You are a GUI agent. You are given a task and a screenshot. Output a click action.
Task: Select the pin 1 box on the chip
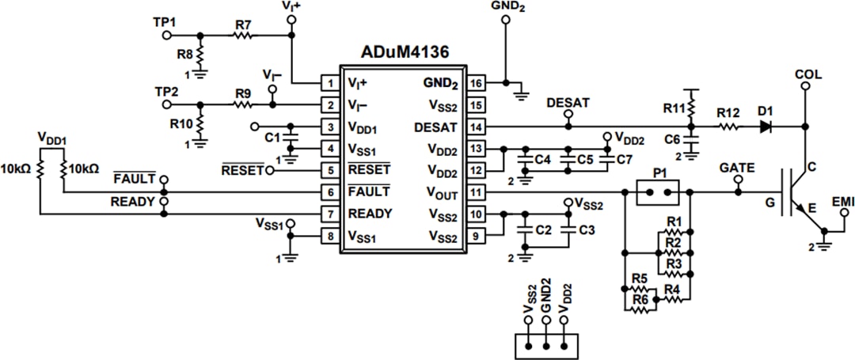click(x=328, y=82)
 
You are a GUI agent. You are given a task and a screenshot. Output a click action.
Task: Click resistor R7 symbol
click(x=243, y=35)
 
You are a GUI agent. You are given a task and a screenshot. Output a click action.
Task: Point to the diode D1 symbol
click(x=766, y=127)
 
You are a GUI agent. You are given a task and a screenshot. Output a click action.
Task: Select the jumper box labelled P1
click(x=659, y=191)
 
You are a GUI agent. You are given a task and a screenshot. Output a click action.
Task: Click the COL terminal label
click(x=807, y=75)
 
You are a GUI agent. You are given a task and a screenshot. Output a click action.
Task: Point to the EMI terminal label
click(x=843, y=203)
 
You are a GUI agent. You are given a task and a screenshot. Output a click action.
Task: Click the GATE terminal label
click(x=736, y=168)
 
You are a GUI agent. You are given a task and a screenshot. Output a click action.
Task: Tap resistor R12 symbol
click(x=728, y=127)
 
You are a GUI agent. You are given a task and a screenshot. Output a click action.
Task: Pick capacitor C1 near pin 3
click(x=291, y=138)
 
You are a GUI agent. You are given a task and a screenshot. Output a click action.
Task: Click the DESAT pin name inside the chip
click(x=435, y=127)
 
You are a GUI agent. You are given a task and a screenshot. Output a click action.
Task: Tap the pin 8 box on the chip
click(x=328, y=235)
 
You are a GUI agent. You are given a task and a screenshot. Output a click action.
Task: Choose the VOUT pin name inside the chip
click(x=441, y=191)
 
